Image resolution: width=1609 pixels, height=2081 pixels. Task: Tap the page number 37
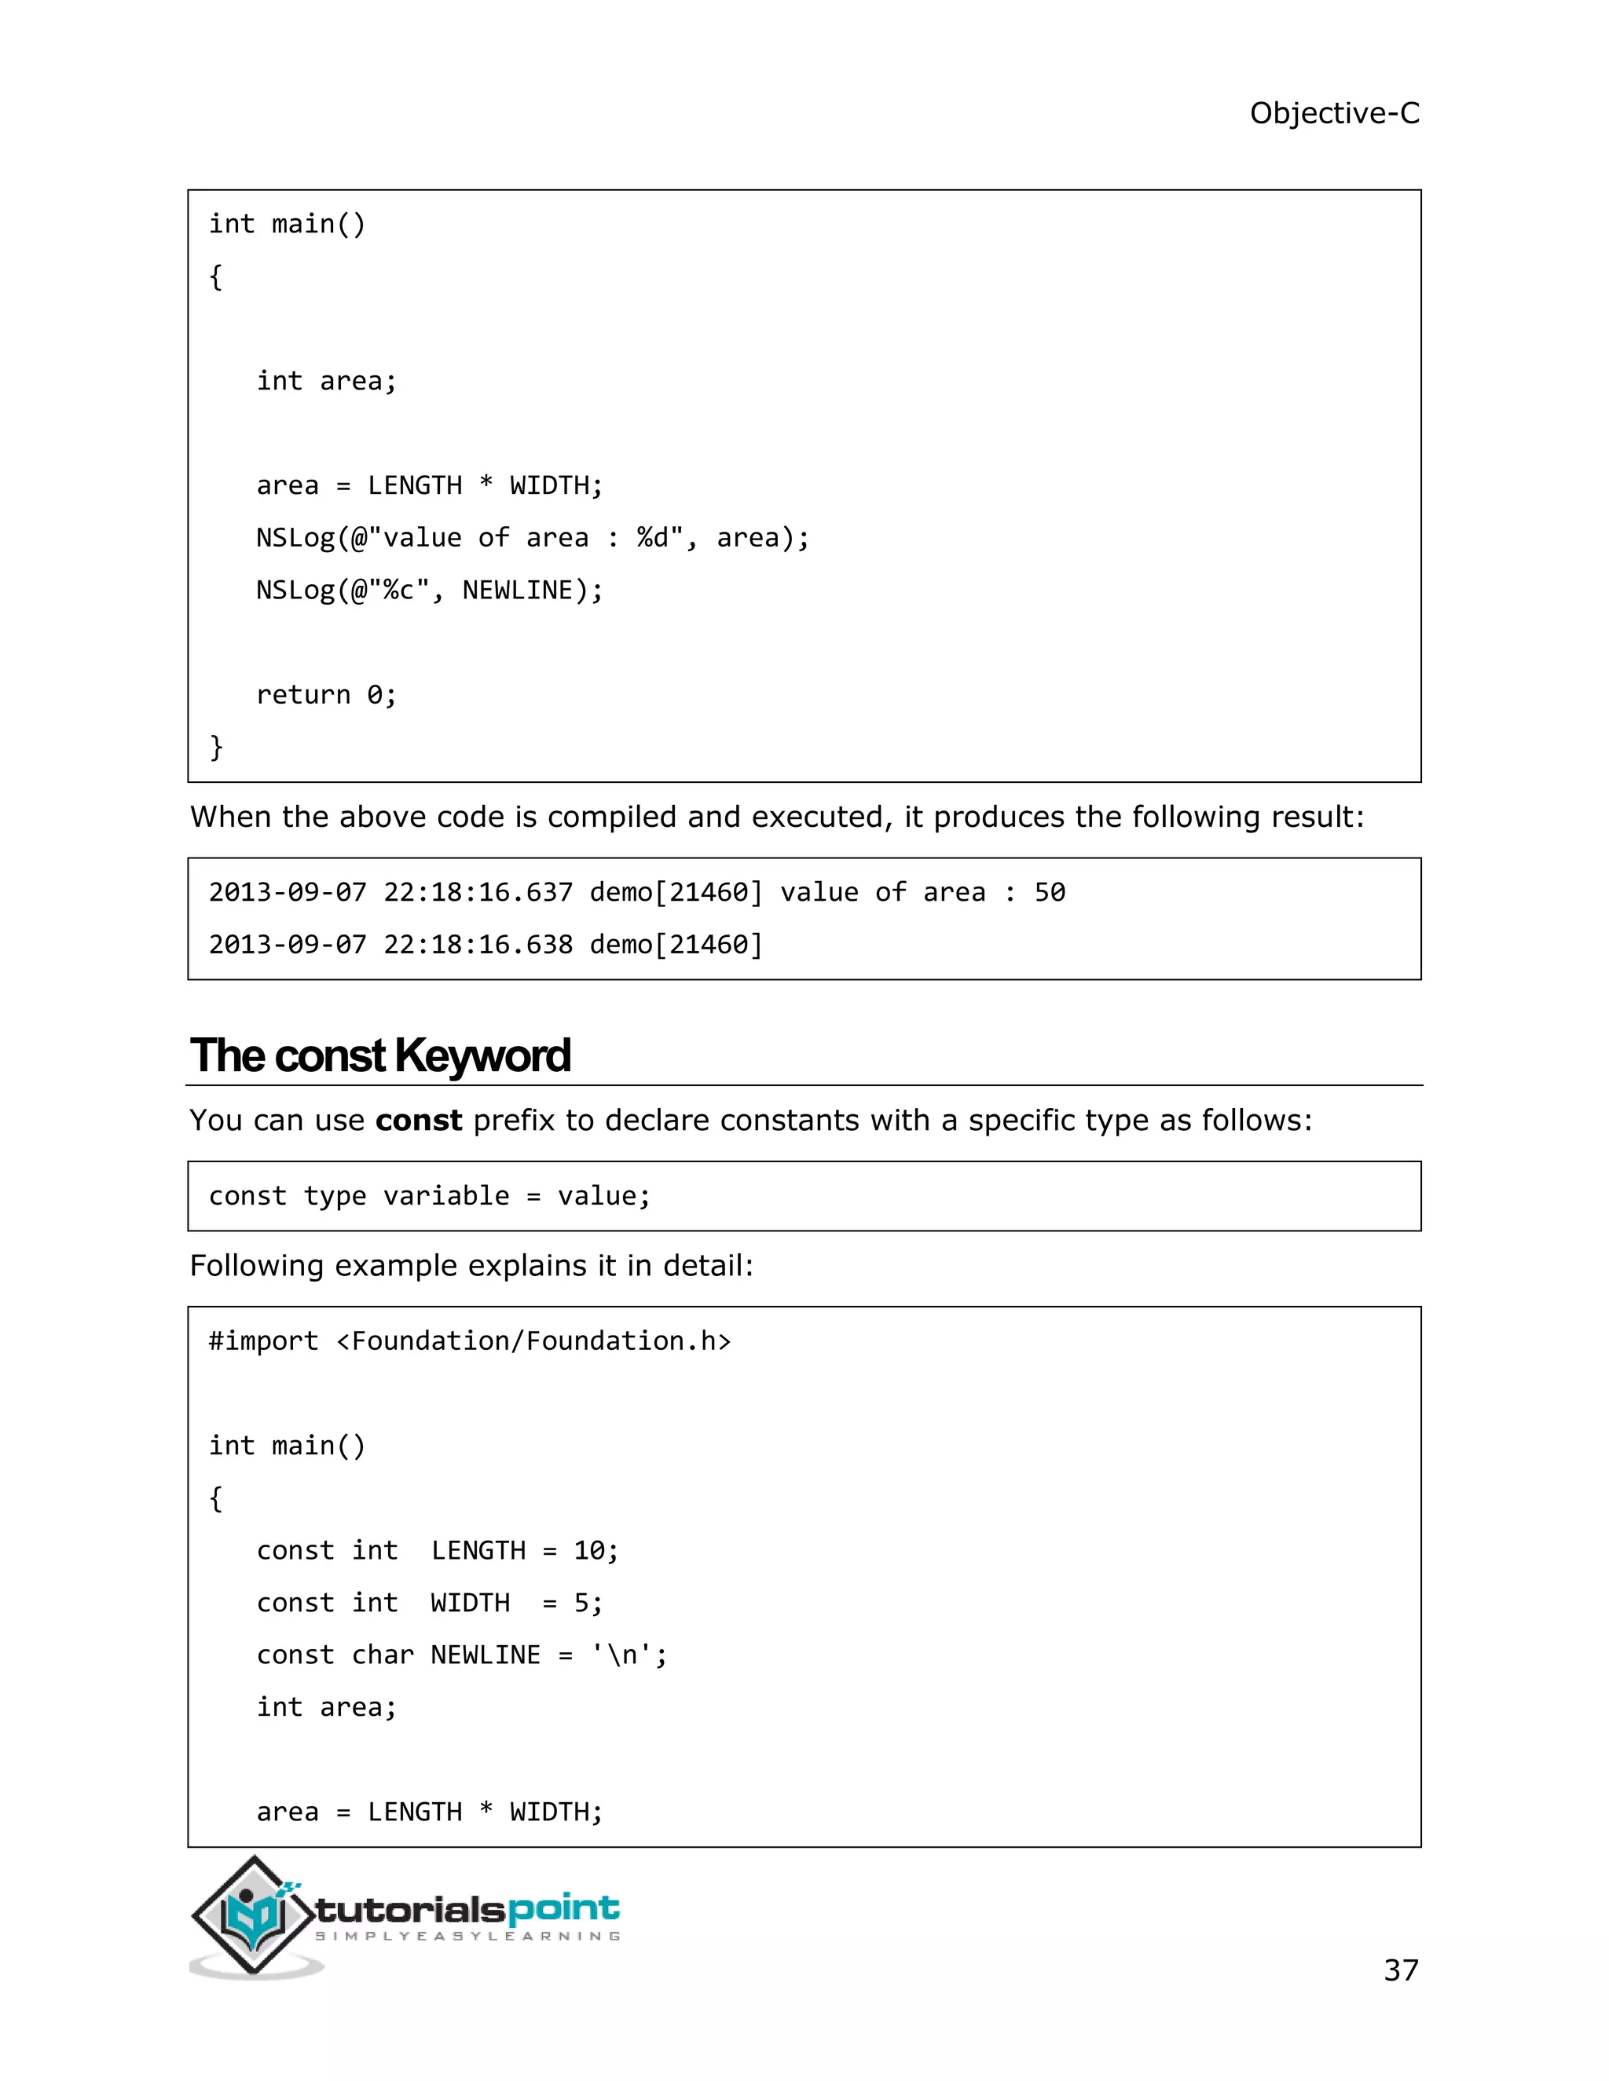coord(1400,1969)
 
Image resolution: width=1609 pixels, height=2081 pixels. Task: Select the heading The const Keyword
coord(379,1055)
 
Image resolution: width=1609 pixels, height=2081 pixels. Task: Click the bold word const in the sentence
coord(419,1121)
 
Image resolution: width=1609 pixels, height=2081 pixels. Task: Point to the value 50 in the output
coord(1050,893)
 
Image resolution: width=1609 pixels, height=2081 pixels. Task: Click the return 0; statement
coord(326,695)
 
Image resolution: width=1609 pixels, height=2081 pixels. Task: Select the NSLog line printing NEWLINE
coord(429,591)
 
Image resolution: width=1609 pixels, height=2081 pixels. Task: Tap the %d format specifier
coord(652,539)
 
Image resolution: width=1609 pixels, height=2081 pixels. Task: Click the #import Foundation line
coord(469,1341)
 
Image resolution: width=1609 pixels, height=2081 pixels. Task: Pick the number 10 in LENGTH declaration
coord(588,1551)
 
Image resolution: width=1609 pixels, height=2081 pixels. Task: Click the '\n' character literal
coord(621,1655)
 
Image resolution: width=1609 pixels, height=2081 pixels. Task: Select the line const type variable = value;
coord(429,1197)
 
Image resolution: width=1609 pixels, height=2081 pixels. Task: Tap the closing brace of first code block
coord(216,747)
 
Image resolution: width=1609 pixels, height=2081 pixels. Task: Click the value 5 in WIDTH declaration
coord(581,1604)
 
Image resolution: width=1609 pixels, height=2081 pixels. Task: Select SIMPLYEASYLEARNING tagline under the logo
coord(467,1937)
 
